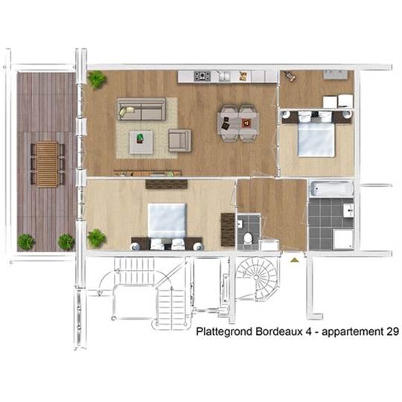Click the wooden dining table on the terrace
click(x=47, y=164)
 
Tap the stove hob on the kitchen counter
click(x=202, y=76)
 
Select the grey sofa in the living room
click(x=141, y=109)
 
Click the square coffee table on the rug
click(x=141, y=142)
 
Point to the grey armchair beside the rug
click(x=179, y=140)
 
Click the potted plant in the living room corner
click(x=97, y=80)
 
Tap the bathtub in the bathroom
click(x=331, y=188)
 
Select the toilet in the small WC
click(x=248, y=238)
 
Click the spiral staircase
click(x=256, y=278)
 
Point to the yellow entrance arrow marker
click(x=295, y=261)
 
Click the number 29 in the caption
click(x=392, y=331)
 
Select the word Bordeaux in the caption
click(x=279, y=331)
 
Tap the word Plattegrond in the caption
click(x=224, y=332)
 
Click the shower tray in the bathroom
click(x=343, y=239)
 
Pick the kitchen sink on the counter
click(x=225, y=76)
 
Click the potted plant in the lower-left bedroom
click(x=96, y=238)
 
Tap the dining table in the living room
click(x=238, y=124)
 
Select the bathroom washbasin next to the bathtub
click(x=348, y=211)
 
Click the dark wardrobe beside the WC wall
click(x=228, y=229)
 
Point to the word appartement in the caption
click(x=352, y=332)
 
